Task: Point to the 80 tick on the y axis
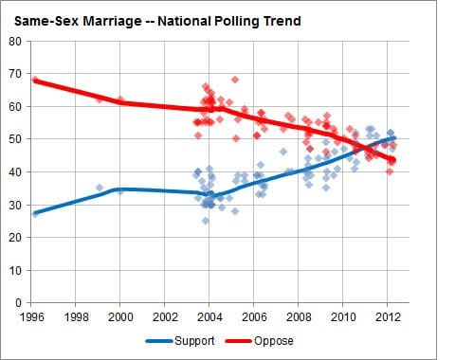[15, 41]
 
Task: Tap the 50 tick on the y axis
[15, 139]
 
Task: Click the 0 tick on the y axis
[18, 302]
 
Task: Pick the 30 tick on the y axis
[15, 205]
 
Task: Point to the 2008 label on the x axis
[300, 316]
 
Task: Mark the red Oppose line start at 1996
[34, 81]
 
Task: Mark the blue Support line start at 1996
[34, 213]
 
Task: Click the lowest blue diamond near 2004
[205, 221]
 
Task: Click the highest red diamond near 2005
[235, 80]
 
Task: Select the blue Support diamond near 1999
[100, 188]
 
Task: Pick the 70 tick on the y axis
[15, 74]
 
